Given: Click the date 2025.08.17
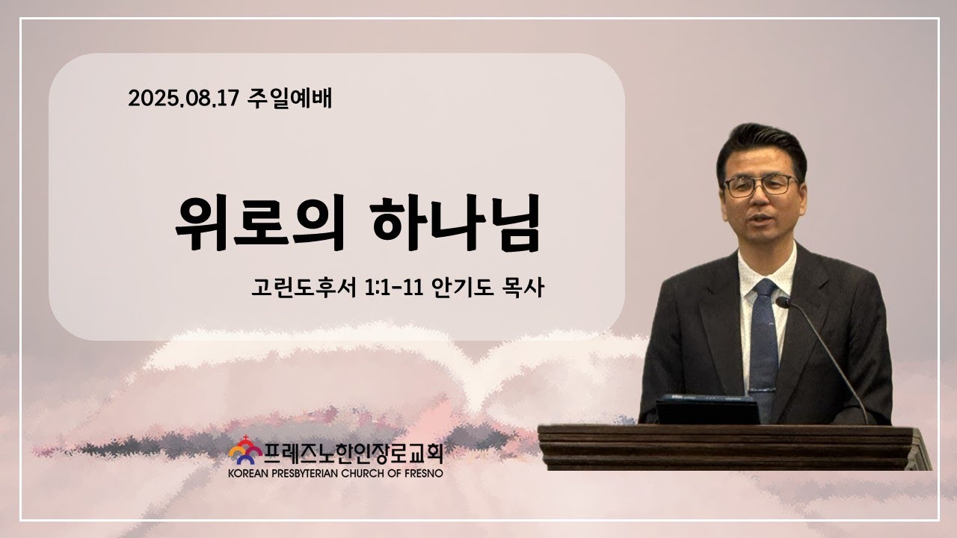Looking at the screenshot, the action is tap(183, 98).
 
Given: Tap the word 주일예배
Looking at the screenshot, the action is tap(289, 98).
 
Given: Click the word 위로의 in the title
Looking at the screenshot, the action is tap(259, 223).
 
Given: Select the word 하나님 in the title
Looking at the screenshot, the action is tap(455, 223).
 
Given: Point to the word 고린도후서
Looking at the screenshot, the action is tap(304, 288).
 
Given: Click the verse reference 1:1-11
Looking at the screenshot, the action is tap(393, 288).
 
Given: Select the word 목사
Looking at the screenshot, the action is tap(523, 288).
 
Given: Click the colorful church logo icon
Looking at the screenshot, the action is tap(245, 451).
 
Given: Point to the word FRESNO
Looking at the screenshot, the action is tap(425, 474).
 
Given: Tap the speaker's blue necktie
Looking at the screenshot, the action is tap(763, 341).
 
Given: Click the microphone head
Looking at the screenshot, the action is tap(783, 303).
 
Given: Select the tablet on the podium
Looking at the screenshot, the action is tap(707, 409).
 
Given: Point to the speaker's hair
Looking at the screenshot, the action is tap(761, 145).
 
